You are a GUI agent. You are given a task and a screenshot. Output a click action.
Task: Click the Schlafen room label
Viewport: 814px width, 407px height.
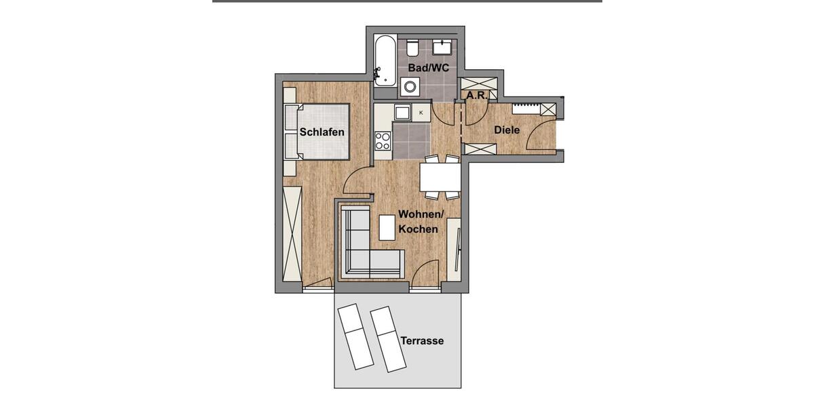click(x=322, y=132)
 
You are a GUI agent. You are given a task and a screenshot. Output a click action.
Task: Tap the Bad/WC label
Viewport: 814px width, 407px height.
click(x=428, y=68)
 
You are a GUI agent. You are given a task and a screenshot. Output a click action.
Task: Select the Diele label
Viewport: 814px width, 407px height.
click(x=507, y=130)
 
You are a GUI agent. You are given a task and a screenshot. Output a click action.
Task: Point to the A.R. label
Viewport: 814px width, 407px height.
click(x=477, y=96)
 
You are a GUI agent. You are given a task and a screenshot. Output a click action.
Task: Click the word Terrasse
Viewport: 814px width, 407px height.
click(x=422, y=341)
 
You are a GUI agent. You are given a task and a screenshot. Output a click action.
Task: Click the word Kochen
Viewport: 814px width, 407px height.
click(x=418, y=229)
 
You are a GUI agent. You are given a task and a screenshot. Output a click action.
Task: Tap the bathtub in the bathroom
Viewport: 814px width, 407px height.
click(x=385, y=61)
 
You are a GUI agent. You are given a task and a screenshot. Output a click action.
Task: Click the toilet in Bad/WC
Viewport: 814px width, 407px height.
click(x=412, y=48)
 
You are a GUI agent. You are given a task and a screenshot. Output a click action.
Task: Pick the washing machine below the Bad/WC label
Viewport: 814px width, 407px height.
click(x=410, y=87)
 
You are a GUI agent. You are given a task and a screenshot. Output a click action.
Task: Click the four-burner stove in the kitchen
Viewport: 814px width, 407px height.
click(x=383, y=140)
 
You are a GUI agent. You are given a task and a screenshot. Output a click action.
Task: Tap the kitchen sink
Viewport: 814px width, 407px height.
click(x=402, y=113)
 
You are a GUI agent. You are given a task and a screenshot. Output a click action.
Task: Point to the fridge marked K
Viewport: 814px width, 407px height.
click(x=421, y=113)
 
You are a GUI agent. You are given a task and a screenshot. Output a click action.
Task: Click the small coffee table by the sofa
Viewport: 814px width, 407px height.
click(x=387, y=227)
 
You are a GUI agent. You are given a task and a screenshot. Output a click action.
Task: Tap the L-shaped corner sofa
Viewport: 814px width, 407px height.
click(x=363, y=251)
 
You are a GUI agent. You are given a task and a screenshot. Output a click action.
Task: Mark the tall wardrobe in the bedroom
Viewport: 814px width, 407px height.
click(x=292, y=231)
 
